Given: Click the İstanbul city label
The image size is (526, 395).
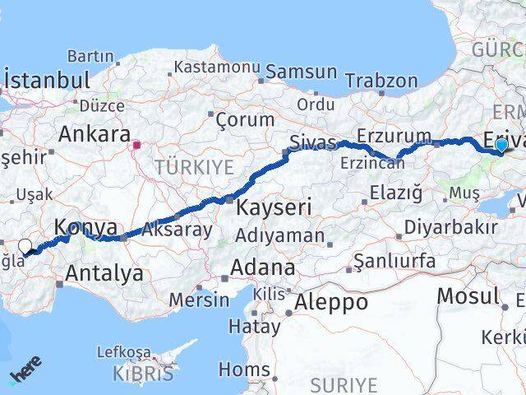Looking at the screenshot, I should (47, 81).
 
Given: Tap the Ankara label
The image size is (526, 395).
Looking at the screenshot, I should (95, 133).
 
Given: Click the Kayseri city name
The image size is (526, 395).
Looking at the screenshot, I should (274, 207).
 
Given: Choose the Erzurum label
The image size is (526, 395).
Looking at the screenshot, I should (394, 135).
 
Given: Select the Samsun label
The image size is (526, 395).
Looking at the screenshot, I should (301, 72).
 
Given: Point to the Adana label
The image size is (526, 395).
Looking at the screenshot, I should (262, 267).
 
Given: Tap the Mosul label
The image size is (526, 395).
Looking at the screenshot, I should (468, 295).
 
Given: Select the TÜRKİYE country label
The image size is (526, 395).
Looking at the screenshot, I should (195, 167).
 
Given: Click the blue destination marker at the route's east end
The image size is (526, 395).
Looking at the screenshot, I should (501, 146).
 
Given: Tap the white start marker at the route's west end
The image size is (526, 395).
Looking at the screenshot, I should (25, 246).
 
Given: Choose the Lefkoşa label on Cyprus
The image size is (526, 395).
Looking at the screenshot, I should (125, 351).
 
